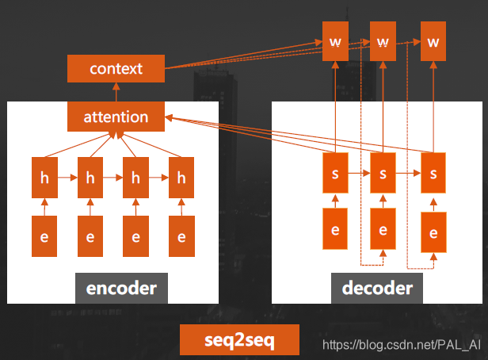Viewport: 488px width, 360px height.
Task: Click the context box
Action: click(x=116, y=68)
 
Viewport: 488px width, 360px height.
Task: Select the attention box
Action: click(x=116, y=117)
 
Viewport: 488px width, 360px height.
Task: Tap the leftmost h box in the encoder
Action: click(x=44, y=179)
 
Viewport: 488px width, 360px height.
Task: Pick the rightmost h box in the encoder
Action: click(x=181, y=179)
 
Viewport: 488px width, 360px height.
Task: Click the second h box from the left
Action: click(x=90, y=179)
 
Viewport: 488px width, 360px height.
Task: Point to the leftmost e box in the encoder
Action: click(x=44, y=236)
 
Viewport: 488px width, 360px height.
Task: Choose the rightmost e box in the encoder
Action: click(x=181, y=236)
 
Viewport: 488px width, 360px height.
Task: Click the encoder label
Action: click(x=121, y=288)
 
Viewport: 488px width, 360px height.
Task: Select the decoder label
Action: click(x=376, y=288)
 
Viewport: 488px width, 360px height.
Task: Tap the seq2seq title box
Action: click(x=239, y=339)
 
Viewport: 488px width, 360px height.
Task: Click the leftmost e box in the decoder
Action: click(x=335, y=230)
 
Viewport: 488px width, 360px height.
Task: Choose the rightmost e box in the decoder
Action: click(x=433, y=232)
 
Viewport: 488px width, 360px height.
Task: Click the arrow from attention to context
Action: click(x=116, y=92)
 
